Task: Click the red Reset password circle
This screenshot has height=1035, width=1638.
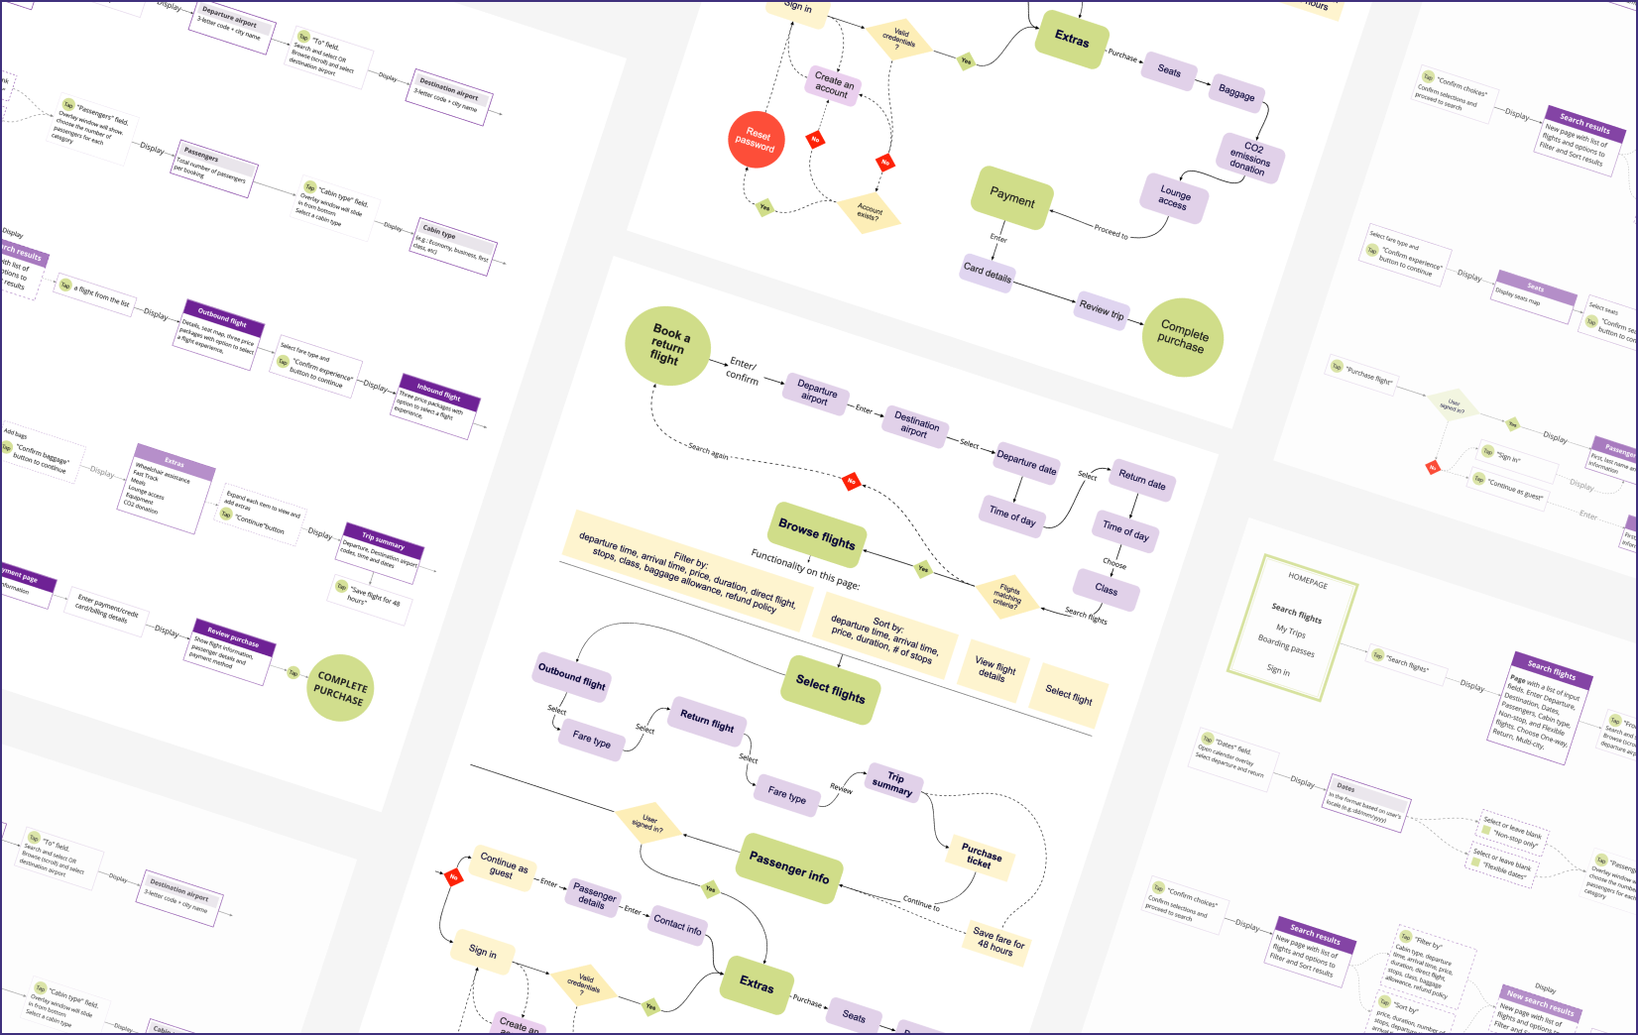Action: [757, 140]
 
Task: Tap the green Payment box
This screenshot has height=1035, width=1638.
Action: [1011, 198]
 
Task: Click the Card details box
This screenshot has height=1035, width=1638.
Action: [988, 273]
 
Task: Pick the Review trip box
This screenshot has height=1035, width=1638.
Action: [1102, 310]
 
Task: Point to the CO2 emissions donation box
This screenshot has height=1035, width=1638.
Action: [1250, 158]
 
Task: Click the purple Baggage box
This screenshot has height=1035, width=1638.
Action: [1236, 91]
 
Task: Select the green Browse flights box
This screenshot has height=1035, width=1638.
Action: [816, 533]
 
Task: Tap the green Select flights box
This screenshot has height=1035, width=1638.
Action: [831, 689]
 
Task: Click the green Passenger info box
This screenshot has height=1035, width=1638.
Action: [789, 867]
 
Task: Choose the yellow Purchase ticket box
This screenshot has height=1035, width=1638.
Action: [981, 855]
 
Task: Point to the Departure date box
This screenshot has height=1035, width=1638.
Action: [1026, 461]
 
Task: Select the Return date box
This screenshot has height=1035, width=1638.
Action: [1142, 481]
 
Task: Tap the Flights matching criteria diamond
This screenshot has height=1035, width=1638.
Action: [1006, 597]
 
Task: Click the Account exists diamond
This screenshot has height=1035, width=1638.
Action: [869, 211]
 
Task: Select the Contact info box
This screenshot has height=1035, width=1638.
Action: [677, 924]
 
